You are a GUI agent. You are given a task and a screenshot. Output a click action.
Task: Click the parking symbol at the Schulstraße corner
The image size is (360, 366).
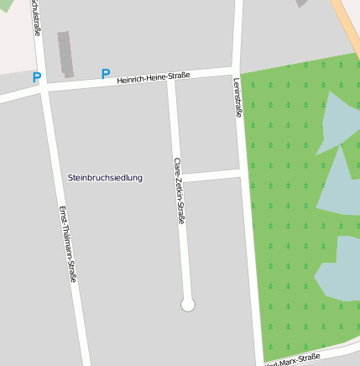tap(36, 78)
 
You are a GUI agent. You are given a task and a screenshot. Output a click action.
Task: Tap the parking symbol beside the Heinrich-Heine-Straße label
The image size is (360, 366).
tap(105, 74)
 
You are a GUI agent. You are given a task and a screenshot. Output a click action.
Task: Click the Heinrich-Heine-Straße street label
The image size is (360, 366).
tap(154, 78)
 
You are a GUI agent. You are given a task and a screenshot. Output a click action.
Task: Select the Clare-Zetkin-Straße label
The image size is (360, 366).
tap(179, 191)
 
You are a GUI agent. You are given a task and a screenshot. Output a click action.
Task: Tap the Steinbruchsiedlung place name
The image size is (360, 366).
tap(105, 178)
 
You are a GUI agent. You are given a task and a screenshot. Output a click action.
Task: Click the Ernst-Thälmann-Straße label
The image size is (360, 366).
tap(67, 243)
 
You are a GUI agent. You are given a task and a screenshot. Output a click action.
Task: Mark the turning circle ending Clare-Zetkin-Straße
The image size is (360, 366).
tap(188, 305)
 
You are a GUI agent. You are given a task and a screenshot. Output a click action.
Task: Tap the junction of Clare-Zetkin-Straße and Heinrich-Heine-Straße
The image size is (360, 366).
tap(171, 81)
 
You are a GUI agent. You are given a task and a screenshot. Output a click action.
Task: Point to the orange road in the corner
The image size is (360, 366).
tap(347, 25)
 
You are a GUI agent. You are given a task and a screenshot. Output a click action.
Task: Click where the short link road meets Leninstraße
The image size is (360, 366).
tap(244, 174)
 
